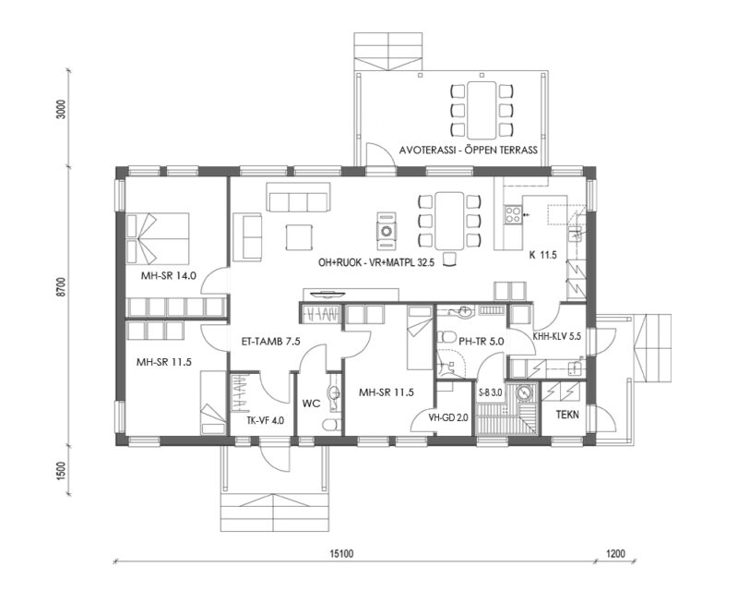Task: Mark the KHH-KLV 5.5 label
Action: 557,337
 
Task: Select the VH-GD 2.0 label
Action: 448,417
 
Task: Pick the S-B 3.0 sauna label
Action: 490,393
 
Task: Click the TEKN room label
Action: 568,416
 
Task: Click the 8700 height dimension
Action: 62,287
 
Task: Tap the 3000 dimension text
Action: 62,111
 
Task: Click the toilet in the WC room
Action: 329,422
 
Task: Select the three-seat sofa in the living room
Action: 298,199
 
